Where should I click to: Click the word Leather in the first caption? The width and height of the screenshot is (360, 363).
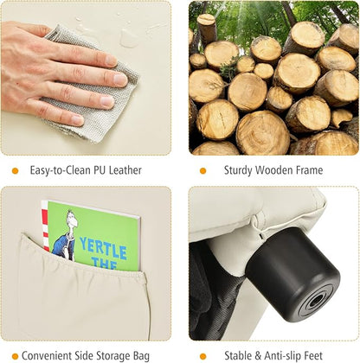(125, 170)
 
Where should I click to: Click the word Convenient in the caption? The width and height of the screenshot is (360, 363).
(47, 355)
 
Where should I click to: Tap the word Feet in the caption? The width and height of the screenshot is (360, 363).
(313, 355)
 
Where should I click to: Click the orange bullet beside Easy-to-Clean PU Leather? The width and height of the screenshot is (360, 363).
(15, 171)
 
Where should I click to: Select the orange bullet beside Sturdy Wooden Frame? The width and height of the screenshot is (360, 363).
(203, 171)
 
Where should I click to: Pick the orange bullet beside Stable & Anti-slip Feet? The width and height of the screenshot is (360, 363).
(203, 356)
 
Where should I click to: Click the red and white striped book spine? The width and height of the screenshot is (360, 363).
(45, 225)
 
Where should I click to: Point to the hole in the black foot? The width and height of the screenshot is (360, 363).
(315, 302)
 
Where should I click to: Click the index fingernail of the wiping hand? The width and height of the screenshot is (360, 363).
(112, 60)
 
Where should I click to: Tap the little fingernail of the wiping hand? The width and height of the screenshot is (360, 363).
(77, 120)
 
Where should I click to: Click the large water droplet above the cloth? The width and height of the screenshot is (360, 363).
(128, 38)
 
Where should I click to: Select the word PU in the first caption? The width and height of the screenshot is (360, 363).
(99, 170)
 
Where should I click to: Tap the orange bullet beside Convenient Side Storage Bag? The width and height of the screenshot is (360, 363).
(15, 356)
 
